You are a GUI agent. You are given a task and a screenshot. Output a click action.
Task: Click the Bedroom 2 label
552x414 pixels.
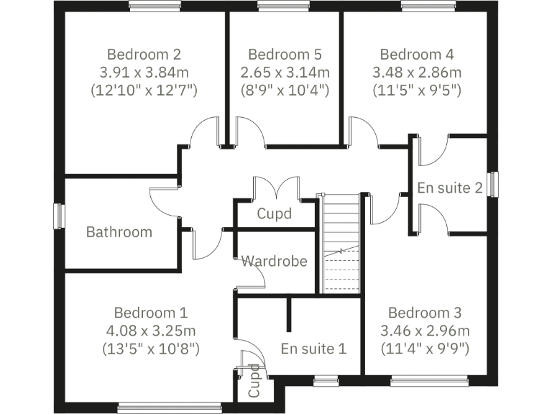point(144,54)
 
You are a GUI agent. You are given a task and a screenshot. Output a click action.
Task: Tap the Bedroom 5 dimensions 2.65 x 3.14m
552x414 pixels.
point(285,73)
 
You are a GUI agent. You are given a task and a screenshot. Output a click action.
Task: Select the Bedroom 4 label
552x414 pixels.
point(417,54)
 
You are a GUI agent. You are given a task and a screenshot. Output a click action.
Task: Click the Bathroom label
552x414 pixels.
point(119,231)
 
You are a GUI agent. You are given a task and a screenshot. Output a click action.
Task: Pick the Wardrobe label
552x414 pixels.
point(274,261)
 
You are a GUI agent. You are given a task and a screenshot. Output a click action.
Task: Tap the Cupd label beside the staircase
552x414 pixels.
point(275,213)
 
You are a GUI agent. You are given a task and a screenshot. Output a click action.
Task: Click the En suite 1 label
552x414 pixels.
point(313,349)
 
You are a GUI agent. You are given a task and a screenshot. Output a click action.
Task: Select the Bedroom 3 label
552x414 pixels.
point(424,313)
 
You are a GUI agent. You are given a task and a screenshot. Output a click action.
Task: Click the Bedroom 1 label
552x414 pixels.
point(151,313)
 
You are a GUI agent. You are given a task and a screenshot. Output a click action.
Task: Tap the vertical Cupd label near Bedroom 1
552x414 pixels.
point(254,382)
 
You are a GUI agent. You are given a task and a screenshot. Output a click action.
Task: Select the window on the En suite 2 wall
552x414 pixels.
point(493,183)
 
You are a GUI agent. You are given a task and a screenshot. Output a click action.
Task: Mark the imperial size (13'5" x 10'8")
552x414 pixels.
point(151,349)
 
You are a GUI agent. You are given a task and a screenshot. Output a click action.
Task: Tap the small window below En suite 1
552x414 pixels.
point(326,379)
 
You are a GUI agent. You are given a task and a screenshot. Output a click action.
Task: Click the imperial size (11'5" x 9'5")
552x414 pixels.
point(417,91)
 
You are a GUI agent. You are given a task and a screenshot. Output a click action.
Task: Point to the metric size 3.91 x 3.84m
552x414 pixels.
point(144,73)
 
